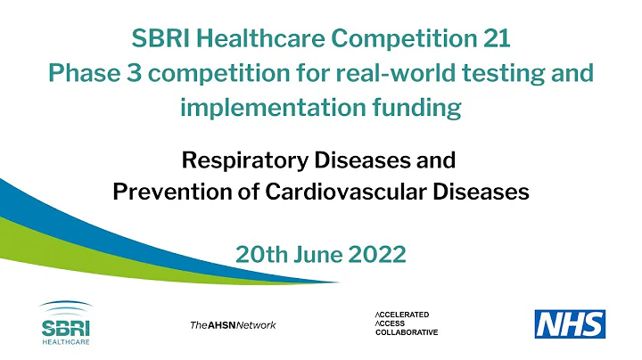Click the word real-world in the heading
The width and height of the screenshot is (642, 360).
tap(422, 73)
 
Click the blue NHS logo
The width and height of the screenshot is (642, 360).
tap(570, 323)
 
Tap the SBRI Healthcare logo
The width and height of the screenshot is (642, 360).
tap(65, 322)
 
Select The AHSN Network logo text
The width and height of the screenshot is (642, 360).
tap(233, 324)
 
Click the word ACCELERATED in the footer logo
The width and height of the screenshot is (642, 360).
tap(403, 315)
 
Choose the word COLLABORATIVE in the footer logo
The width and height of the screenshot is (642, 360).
tap(407, 332)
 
